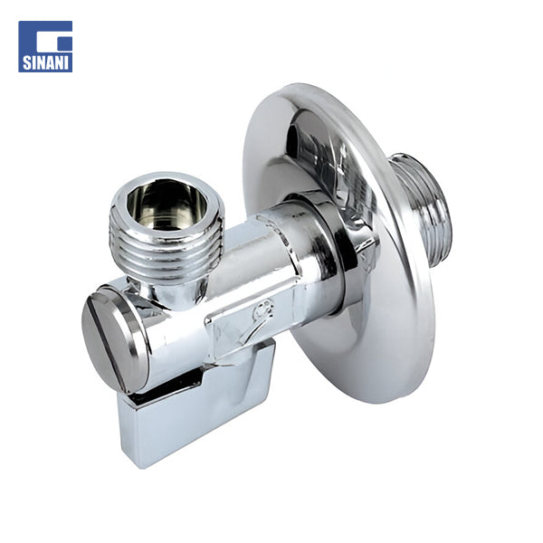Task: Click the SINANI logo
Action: pos(45,46)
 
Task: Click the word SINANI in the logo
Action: pos(45,62)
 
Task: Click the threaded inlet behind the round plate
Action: pos(423,208)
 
